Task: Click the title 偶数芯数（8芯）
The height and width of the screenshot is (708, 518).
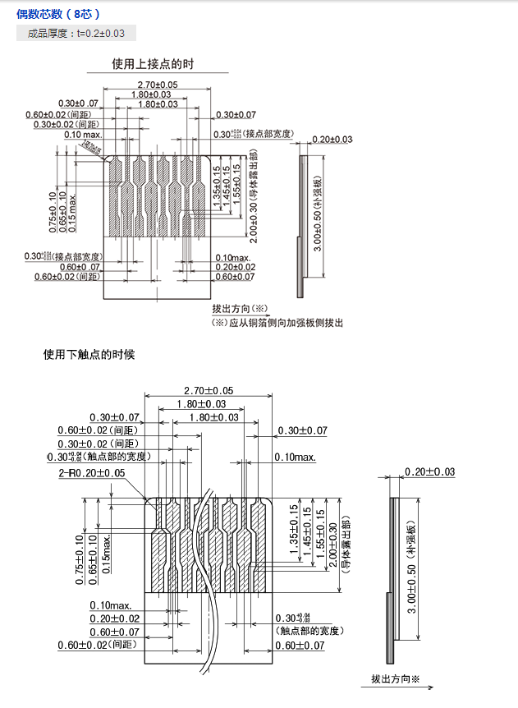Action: [58, 14]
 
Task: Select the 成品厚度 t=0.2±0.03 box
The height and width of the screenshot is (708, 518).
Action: [76, 34]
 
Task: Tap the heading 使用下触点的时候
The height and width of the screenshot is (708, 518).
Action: [89, 355]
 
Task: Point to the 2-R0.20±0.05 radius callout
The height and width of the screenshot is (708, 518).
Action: [91, 473]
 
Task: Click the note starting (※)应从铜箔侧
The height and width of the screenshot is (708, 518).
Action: [277, 323]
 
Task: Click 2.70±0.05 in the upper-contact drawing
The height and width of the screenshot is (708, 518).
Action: [158, 85]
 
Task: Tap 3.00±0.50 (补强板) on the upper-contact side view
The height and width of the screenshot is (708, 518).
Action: [318, 214]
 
